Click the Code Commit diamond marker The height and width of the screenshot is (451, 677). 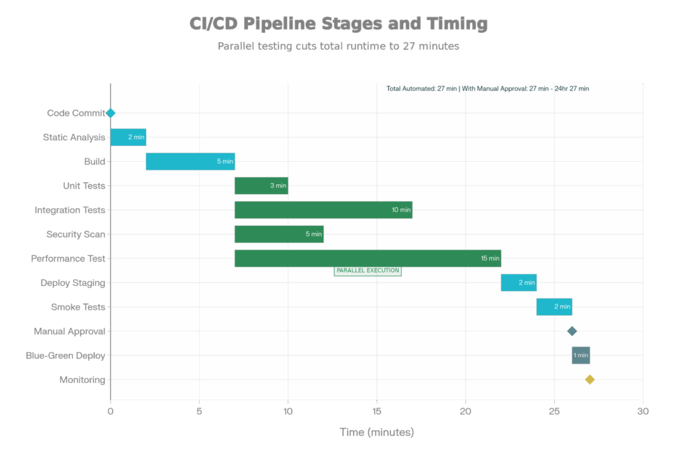click(x=110, y=113)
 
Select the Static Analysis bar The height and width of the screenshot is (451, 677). click(x=128, y=137)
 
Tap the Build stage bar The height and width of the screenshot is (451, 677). click(x=190, y=161)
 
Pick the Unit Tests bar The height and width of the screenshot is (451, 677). click(x=260, y=186)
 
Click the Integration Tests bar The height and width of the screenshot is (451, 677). click(x=323, y=210)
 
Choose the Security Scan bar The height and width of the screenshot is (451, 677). click(x=278, y=234)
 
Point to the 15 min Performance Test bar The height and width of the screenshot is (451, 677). click(x=367, y=258)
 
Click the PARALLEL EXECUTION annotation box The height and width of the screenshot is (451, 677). click(x=368, y=270)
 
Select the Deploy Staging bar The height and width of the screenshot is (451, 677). click(x=518, y=283)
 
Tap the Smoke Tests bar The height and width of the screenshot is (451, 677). click(x=553, y=306)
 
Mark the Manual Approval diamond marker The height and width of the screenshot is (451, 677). click(x=572, y=331)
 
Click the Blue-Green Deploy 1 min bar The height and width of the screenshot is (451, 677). click(x=580, y=355)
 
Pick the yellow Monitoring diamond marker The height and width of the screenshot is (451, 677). click(x=590, y=379)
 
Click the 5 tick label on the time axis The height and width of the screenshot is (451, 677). click(x=199, y=411)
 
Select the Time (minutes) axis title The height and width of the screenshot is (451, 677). click(x=376, y=433)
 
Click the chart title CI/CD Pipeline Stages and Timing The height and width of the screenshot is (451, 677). click(x=338, y=24)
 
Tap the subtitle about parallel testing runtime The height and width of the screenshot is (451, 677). click(x=338, y=46)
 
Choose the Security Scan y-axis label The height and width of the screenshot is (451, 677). click(x=75, y=234)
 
